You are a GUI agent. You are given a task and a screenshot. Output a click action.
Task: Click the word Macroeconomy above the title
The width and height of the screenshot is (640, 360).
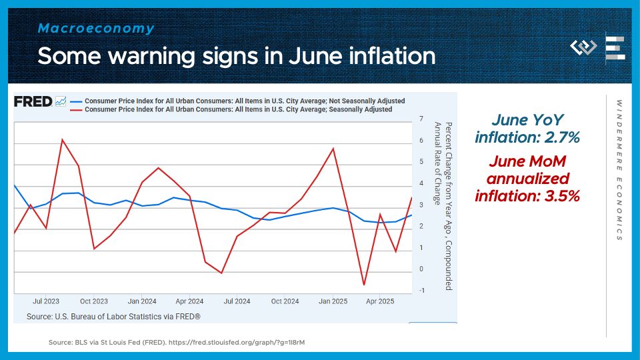(x=96, y=29)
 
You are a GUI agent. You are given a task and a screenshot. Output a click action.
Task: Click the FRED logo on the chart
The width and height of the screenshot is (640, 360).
(x=33, y=101)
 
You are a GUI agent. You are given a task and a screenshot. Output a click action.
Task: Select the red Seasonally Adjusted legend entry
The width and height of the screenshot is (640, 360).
(x=239, y=109)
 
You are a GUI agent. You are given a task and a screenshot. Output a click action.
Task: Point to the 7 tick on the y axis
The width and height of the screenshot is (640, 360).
(x=421, y=119)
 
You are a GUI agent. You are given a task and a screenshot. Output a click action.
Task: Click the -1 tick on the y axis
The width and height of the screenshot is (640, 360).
(x=421, y=291)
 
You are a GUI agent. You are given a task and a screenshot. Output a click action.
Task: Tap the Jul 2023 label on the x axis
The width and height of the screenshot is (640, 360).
(x=46, y=301)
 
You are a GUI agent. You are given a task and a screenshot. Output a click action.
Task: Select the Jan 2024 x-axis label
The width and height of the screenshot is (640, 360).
(x=142, y=301)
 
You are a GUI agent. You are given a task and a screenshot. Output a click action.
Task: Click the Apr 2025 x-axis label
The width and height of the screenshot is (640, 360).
(x=381, y=301)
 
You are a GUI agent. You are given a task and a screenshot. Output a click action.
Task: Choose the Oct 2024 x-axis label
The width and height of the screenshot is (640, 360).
(x=285, y=301)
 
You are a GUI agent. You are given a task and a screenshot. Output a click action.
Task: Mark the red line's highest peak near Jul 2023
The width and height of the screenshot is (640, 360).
(x=62, y=139)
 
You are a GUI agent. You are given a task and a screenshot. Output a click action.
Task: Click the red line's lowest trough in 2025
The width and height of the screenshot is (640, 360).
(x=364, y=285)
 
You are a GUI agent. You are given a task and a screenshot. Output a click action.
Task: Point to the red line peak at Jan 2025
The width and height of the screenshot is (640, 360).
(x=333, y=148)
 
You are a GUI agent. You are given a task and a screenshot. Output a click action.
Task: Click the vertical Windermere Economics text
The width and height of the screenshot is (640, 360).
(x=619, y=170)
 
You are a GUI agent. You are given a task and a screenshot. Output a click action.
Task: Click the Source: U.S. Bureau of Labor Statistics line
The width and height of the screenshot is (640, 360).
(x=113, y=316)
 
